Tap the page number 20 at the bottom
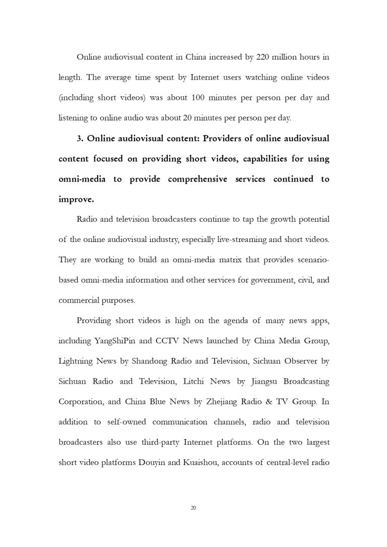tap(193, 508)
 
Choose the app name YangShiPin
tap(112, 341)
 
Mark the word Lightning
tap(76, 361)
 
